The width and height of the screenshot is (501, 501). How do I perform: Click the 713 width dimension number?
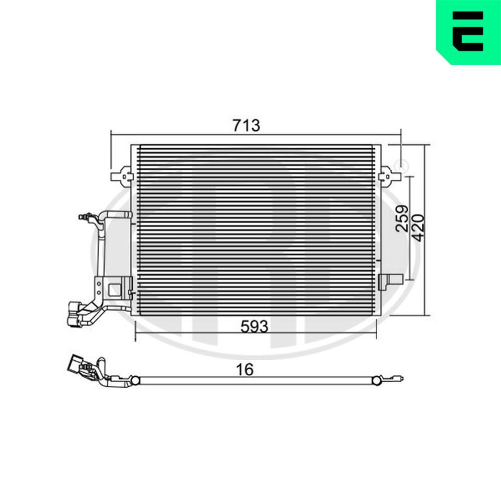pos(246,125)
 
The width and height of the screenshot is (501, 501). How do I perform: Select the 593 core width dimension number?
pos(255,327)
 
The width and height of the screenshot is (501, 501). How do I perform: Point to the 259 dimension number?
pos(402,218)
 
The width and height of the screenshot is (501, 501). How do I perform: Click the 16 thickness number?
pos(245,370)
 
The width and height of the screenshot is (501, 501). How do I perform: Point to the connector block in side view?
pos(77,365)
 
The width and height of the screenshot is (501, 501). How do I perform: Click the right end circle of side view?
pos(376,381)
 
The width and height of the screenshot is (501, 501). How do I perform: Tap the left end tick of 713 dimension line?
pos(111,134)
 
